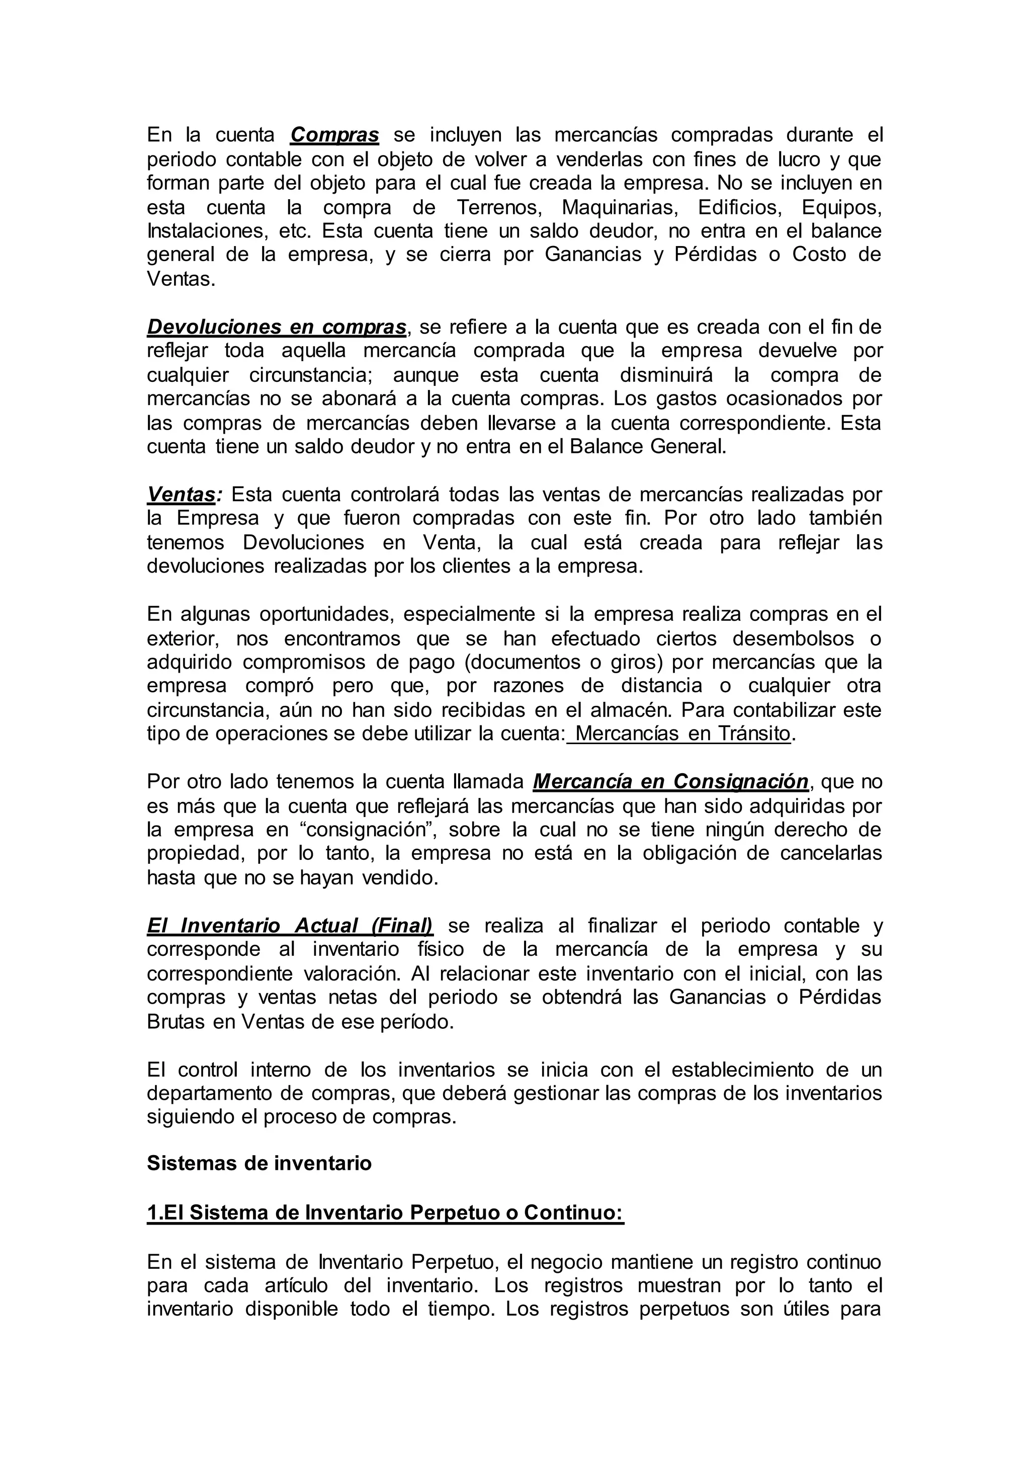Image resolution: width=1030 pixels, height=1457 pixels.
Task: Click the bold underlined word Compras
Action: tap(334, 135)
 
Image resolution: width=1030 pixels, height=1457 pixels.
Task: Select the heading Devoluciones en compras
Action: tap(277, 327)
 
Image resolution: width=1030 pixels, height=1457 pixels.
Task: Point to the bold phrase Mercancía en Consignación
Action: tap(671, 782)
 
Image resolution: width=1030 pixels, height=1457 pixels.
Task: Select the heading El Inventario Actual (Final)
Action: tap(290, 926)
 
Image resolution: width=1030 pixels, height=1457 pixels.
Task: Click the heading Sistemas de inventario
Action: tap(259, 1164)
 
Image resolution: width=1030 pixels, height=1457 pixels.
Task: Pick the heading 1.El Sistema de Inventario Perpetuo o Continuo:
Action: tap(385, 1212)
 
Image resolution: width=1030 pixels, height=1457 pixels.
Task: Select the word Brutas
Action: tap(176, 1022)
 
